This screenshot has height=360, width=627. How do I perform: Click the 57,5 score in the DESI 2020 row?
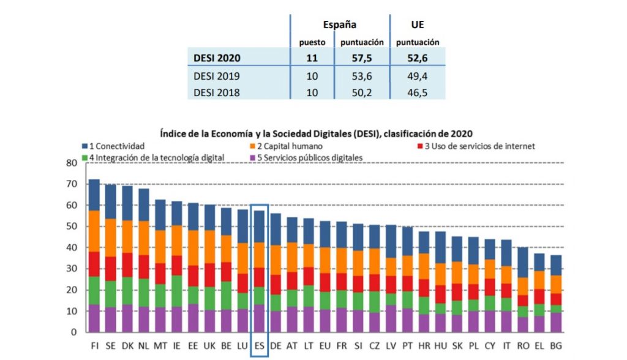361,59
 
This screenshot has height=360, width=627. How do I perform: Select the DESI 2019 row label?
216,77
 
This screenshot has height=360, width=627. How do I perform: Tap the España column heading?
340,24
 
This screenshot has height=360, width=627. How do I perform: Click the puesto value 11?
312,59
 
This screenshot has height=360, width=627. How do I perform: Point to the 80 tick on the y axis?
72,163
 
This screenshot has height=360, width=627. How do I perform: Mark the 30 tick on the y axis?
72,269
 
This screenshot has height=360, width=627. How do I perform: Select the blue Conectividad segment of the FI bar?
94,195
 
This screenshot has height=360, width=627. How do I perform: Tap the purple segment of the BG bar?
555,322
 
